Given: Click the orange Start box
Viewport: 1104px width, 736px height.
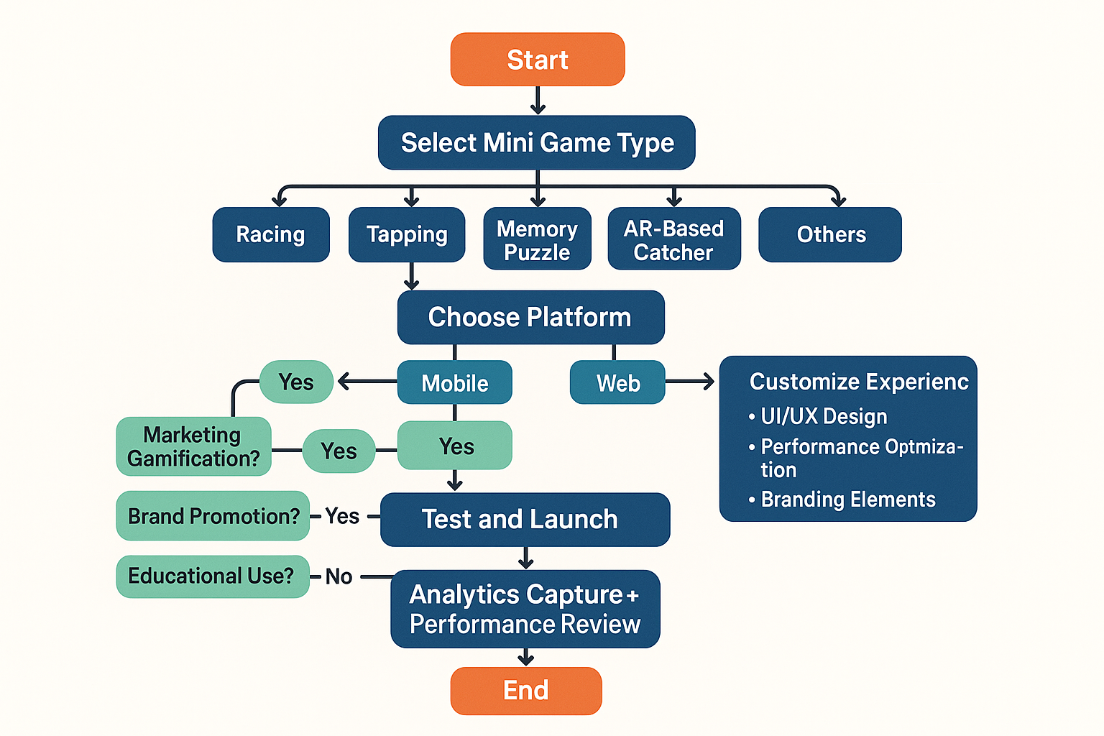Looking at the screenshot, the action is point(538,59).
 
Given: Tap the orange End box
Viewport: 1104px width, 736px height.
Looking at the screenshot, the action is point(526,691).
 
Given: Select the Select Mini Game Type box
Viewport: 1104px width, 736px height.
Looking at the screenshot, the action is point(537,142).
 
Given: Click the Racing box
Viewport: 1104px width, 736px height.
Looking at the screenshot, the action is point(271,234).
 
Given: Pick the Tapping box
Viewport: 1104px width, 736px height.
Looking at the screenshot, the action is point(407,234).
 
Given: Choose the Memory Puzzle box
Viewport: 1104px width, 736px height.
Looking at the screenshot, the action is point(537,238).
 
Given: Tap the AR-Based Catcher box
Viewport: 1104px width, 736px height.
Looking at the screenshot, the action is point(674,238).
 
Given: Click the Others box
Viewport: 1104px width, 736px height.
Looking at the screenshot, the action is point(830,234).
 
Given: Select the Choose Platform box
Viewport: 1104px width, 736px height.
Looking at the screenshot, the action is point(531,317).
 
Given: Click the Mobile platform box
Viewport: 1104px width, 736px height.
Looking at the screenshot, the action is point(454,382).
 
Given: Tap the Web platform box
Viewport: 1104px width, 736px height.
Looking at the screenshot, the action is point(617,382).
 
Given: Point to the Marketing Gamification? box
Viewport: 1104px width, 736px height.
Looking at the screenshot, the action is point(193,446).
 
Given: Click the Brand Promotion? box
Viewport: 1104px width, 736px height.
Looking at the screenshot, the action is point(213,515).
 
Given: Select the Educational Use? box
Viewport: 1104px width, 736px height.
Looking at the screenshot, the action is point(213,576).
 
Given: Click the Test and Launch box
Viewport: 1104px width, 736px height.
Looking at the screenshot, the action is point(525,520).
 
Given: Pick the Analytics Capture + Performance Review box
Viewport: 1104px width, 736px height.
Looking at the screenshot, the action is point(525,609).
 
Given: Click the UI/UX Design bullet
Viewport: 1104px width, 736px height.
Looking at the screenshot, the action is point(818,417).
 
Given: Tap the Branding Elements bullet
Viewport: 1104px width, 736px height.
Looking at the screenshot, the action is point(842,500).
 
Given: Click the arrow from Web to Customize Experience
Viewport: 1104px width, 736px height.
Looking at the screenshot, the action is point(689,381).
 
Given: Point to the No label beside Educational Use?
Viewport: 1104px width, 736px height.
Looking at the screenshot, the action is point(339,576).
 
